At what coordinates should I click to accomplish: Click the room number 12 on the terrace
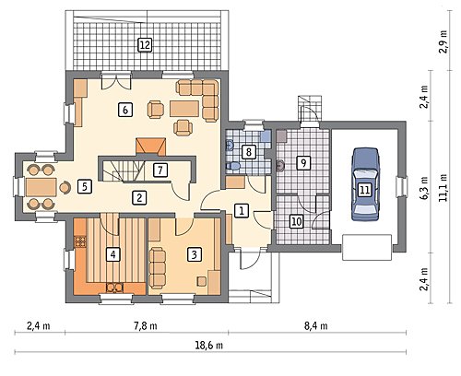(x=145, y=45)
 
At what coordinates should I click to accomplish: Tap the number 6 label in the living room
(x=125, y=110)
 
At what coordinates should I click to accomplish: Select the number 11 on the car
(x=365, y=190)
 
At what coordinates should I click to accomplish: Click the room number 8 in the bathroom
(x=249, y=152)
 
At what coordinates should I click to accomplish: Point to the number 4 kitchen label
(x=113, y=254)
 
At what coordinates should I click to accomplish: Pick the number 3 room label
(x=194, y=254)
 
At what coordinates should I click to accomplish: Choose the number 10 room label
(x=297, y=221)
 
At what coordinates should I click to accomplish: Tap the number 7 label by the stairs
(x=160, y=170)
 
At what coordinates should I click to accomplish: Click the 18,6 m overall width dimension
(x=209, y=346)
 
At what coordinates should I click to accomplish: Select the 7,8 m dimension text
(x=146, y=325)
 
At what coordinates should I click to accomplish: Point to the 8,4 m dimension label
(x=316, y=325)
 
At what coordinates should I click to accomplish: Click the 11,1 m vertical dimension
(x=443, y=188)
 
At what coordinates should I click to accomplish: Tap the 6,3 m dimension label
(x=424, y=188)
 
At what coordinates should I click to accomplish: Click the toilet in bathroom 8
(x=233, y=166)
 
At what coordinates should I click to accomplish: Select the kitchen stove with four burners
(x=80, y=241)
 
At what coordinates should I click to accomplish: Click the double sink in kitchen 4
(x=115, y=288)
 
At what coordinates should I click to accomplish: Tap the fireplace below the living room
(x=150, y=146)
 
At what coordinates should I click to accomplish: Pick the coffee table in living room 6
(x=184, y=109)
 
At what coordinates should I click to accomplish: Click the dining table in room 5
(x=41, y=187)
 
